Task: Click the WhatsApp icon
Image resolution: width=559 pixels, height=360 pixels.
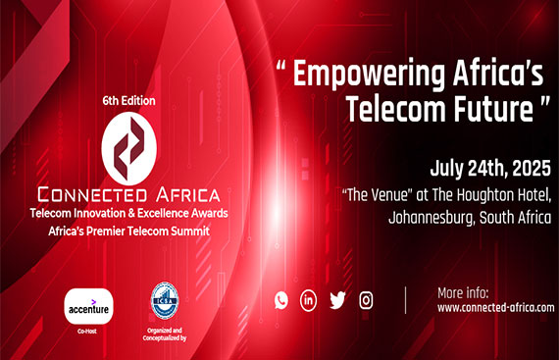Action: coord(280,300)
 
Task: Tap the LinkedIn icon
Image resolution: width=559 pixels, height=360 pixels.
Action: coord(309,300)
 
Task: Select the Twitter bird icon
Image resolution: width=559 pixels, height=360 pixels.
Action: coord(337,300)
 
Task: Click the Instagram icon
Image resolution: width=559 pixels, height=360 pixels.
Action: coord(366,300)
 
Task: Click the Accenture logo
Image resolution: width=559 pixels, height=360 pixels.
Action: coord(88,307)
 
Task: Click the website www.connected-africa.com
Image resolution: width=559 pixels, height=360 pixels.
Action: coord(495,307)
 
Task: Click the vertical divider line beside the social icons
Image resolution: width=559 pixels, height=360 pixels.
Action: coord(405,300)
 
